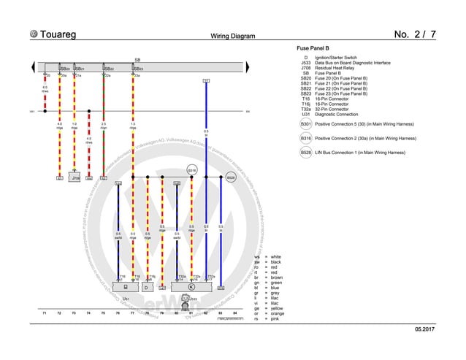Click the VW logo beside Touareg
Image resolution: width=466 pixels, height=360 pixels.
(x=34, y=34)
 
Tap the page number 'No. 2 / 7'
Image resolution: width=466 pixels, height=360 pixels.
(x=415, y=34)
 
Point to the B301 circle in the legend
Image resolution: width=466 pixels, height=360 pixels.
(x=305, y=125)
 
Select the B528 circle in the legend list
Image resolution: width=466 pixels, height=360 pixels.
(x=305, y=153)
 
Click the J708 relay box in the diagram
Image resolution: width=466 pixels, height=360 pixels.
(x=75, y=177)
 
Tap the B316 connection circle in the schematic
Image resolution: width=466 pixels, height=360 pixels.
(x=192, y=169)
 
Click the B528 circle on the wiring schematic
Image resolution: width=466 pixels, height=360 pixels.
(x=230, y=177)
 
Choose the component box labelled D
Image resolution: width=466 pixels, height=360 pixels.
(x=146, y=288)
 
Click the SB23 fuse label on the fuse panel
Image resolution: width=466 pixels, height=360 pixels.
(x=137, y=69)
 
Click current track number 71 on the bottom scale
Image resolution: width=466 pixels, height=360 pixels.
(x=45, y=313)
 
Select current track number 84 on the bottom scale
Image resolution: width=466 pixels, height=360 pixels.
(x=234, y=313)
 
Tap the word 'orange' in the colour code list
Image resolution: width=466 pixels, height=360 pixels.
(x=278, y=314)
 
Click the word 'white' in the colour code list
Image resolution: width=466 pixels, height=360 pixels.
(x=275, y=257)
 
